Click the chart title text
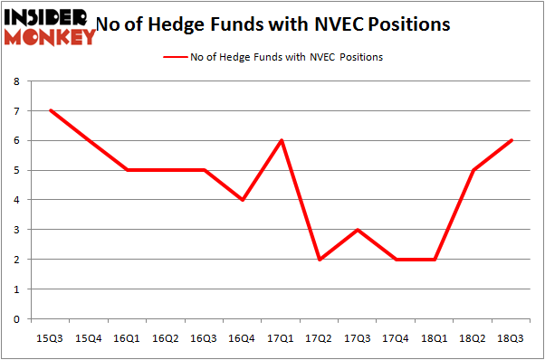pos(285,24)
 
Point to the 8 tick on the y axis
pos(16,81)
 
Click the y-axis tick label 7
pos(16,111)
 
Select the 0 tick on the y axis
pos(16,318)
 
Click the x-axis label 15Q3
pos(50,337)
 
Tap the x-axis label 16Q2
pos(166,337)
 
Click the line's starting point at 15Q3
pos(50,110)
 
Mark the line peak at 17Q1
pos(282,140)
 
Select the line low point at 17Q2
pos(320,259)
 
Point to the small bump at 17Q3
pos(359,230)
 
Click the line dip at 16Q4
pos(243,200)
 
